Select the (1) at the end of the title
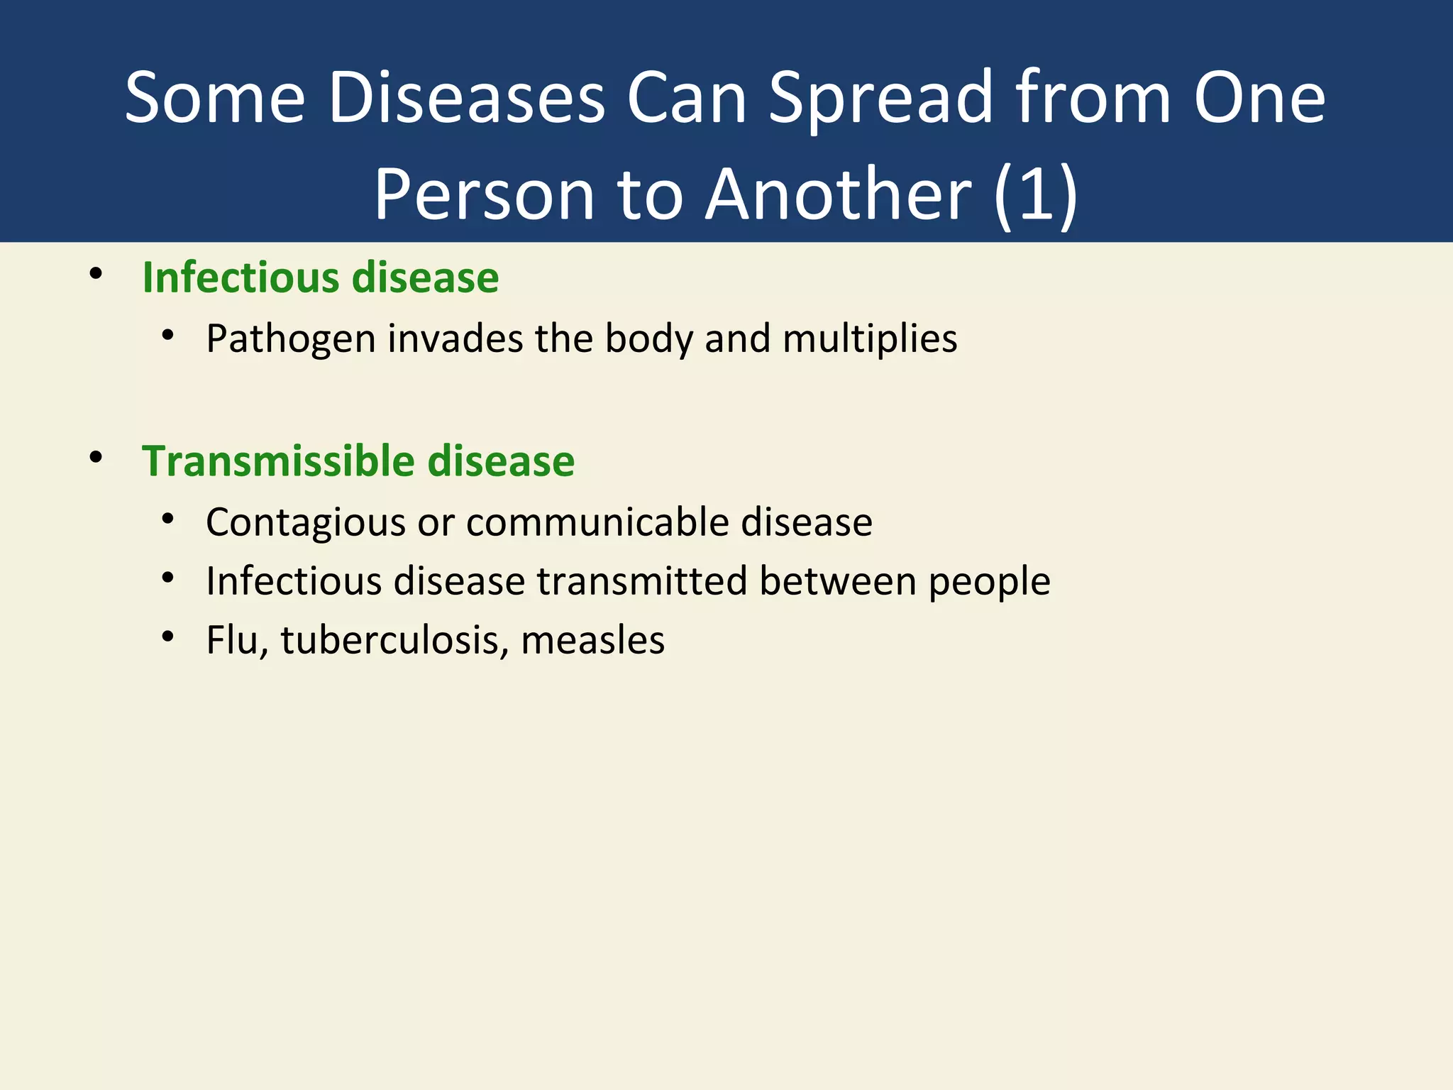[x=1036, y=194]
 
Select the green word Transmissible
[x=279, y=461]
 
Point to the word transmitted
[x=641, y=581]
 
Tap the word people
[x=989, y=583]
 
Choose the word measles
[x=592, y=640]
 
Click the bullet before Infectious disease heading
[x=96, y=274]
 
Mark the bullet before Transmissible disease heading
[x=96, y=458]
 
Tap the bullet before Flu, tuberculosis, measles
[x=167, y=637]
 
